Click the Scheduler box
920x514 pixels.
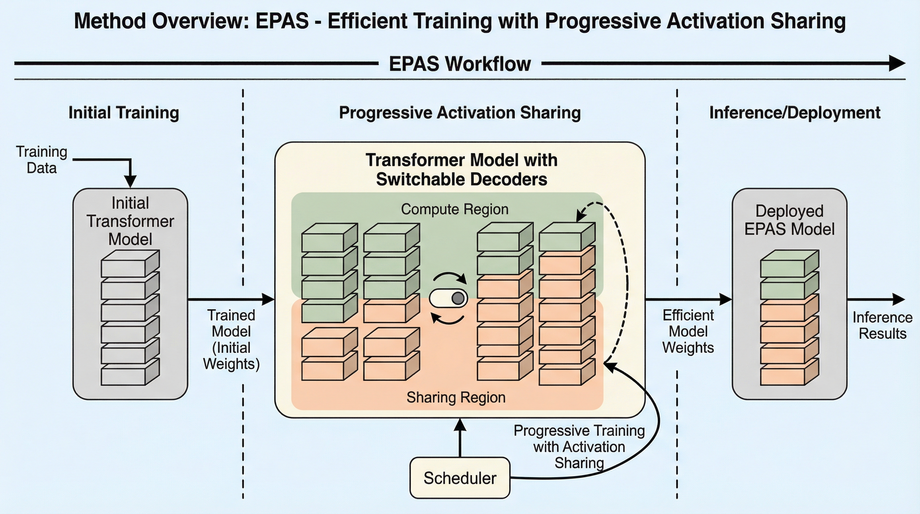pyautogui.click(x=460, y=478)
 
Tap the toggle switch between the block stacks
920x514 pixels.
pyautogui.click(x=449, y=298)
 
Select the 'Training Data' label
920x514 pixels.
pyautogui.click(x=42, y=160)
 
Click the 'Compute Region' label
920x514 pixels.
pyautogui.click(x=455, y=209)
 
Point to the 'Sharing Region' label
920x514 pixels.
pyautogui.click(x=456, y=397)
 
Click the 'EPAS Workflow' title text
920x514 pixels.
pyautogui.click(x=460, y=64)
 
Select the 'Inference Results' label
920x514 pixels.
pyautogui.click(x=882, y=325)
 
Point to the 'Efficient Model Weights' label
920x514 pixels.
pyautogui.click(x=688, y=331)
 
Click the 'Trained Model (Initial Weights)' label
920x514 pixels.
pyautogui.click(x=231, y=340)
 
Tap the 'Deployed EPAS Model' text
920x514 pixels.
pyautogui.click(x=790, y=220)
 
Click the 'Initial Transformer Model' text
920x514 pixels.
pyautogui.click(x=130, y=221)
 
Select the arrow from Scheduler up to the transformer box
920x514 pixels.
pyautogui.click(x=460, y=438)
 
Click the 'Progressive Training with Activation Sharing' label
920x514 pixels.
pyautogui.click(x=579, y=447)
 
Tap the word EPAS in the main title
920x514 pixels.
pyautogui.click(x=282, y=21)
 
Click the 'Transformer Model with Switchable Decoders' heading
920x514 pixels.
pyautogui.click(x=461, y=169)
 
